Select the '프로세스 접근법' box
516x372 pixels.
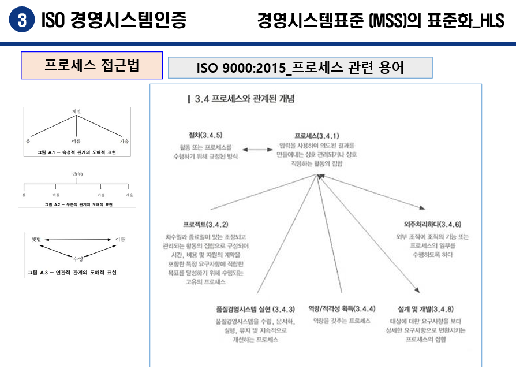tap(92, 65)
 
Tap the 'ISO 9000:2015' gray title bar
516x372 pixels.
tap(300, 68)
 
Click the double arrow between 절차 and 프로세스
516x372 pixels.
tap(257, 150)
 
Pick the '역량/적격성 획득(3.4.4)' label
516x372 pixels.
tap(342, 308)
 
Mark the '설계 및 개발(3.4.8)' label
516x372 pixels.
tap(426, 308)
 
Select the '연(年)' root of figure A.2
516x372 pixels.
tap(76, 173)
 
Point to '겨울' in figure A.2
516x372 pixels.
tap(130, 195)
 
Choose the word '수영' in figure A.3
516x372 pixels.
tap(77, 259)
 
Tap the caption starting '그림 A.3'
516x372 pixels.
tap(72, 272)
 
